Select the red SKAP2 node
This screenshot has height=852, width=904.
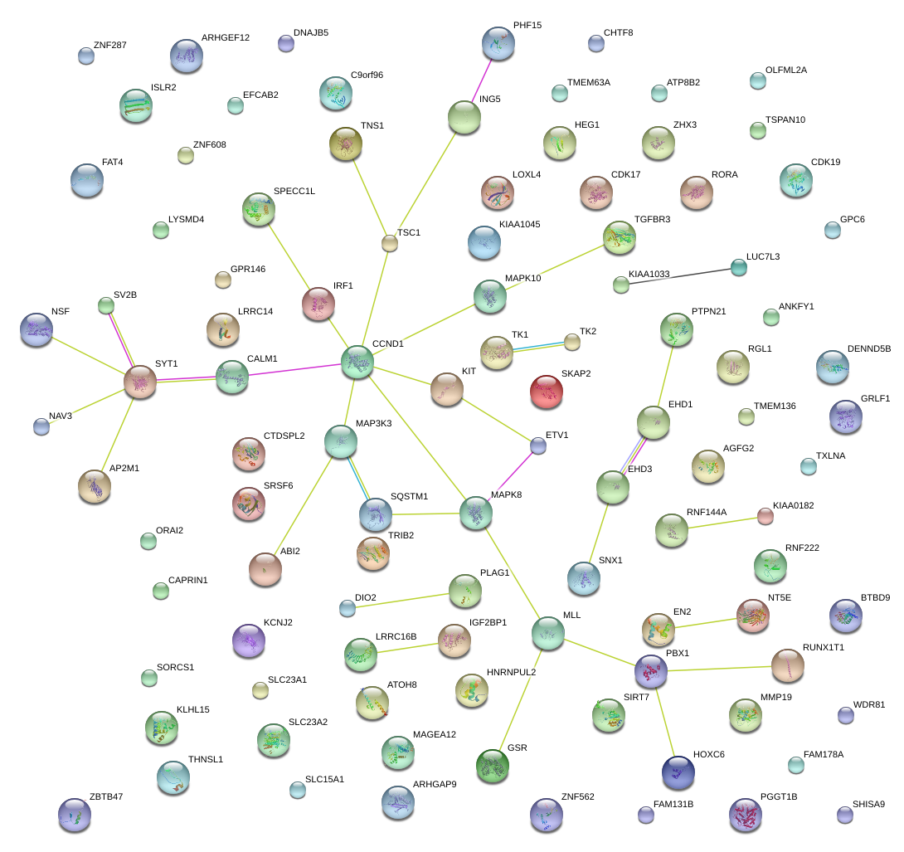pos(547,391)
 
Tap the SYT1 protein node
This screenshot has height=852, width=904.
pos(140,381)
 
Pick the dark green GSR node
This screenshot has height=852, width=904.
pos(493,765)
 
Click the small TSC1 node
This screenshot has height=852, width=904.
pos(390,243)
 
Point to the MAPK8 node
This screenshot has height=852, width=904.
pos(476,513)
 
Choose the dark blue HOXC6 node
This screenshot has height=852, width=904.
pos(678,772)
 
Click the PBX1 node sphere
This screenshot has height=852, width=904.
pos(651,669)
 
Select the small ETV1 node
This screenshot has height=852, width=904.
pos(538,446)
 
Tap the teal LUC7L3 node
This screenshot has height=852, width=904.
pos(738,266)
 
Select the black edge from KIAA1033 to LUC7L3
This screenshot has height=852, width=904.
pos(680,275)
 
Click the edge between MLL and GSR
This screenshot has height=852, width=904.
pos(521,698)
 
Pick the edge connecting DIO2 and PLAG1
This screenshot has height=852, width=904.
pos(406,599)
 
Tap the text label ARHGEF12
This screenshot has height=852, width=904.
pos(226,38)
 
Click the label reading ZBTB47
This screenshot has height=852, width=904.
pos(106,797)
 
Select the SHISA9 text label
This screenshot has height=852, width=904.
pos(868,804)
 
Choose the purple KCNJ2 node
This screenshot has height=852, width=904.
pos(248,640)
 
